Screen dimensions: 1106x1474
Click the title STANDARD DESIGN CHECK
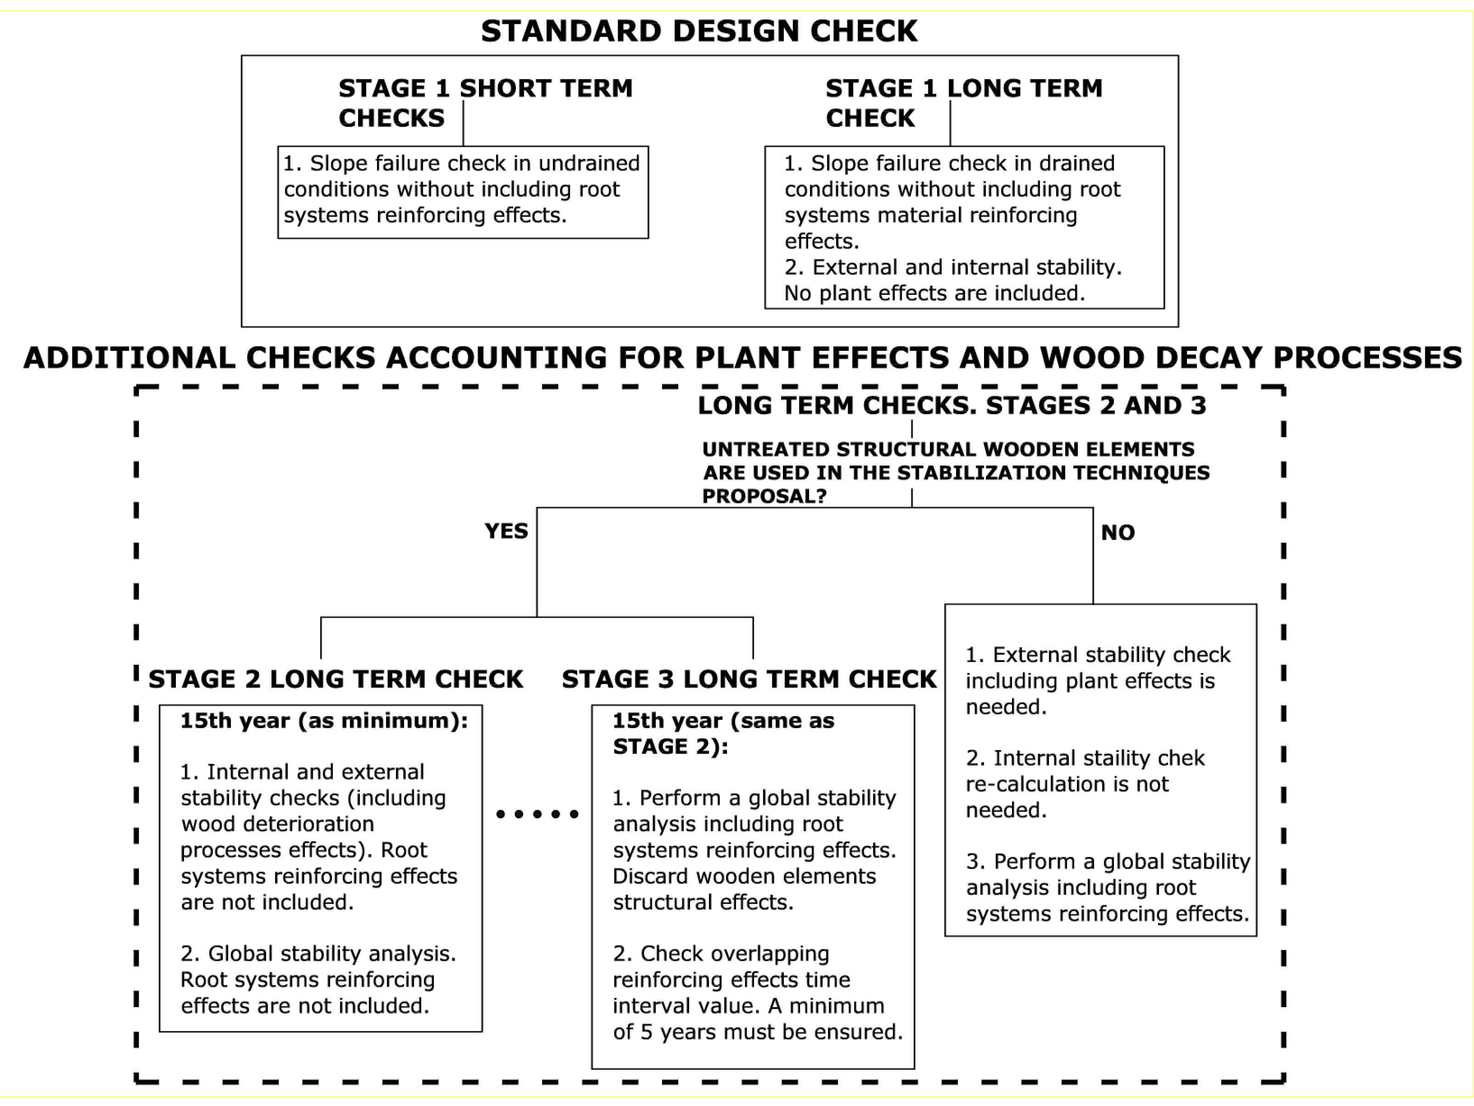pos(699,31)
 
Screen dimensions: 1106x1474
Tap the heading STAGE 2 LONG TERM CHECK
pos(335,679)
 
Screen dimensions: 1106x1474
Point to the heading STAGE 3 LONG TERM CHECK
pos(749,679)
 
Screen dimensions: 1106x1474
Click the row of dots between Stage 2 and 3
pos(537,813)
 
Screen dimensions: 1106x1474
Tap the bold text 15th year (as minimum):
pos(324,721)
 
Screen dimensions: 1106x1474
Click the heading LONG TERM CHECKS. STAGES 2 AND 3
pos(951,405)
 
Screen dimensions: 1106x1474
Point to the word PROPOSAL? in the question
pos(764,496)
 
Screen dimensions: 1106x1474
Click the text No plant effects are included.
pos(934,293)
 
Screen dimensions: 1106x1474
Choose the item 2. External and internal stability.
pos(953,267)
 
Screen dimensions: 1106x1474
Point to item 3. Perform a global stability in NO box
pos(1108,861)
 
